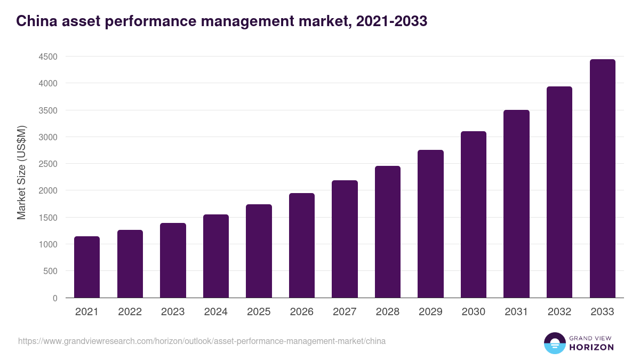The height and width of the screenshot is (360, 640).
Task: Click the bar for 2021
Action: [x=87, y=267]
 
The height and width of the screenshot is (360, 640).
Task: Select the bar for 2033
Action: [x=602, y=179]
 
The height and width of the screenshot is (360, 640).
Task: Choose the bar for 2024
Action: [x=216, y=256]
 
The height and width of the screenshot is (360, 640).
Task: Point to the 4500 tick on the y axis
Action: [x=47, y=57]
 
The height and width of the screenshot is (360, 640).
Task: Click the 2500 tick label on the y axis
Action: [x=47, y=164]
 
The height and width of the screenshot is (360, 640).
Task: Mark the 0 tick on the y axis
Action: [x=54, y=298]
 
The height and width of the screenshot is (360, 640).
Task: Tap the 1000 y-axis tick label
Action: [x=47, y=244]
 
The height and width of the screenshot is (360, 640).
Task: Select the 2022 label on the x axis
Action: [x=130, y=312]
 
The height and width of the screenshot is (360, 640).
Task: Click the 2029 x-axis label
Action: [x=430, y=312]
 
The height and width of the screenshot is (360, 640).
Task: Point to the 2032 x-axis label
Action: [x=559, y=312]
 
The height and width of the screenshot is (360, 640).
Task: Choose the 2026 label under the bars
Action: [x=302, y=312]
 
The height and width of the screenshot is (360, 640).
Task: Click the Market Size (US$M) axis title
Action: [x=21, y=172]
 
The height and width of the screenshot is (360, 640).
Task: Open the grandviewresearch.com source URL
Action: [x=202, y=341]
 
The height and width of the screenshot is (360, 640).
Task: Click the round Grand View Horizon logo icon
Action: [x=554, y=343]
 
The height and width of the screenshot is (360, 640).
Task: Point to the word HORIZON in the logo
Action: [x=591, y=347]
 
